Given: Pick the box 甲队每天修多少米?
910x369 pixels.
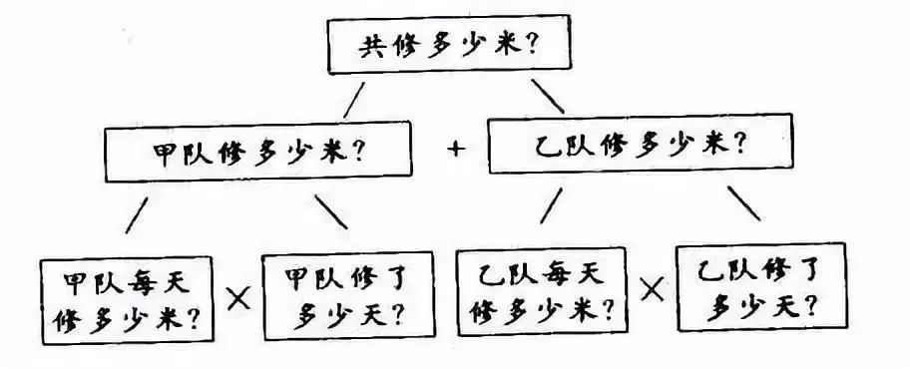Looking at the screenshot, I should (126, 298).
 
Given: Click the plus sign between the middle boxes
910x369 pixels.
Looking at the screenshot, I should (457, 150).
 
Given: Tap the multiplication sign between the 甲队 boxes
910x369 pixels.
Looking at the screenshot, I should (238, 296).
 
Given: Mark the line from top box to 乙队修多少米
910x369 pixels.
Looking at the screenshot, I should (547, 96).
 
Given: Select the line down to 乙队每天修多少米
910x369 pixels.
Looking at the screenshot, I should (551, 204).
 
